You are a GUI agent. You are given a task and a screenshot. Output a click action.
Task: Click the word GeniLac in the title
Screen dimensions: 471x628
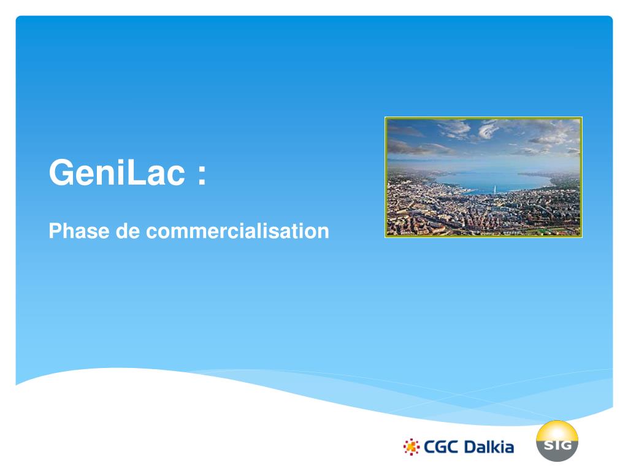[x=117, y=174]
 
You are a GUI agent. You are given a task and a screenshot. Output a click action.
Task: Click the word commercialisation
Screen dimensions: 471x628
[x=237, y=231]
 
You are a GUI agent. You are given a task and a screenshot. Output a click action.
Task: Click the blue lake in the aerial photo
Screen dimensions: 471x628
[x=484, y=179]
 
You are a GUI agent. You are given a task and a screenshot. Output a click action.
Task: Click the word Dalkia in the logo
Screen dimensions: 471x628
[x=489, y=447]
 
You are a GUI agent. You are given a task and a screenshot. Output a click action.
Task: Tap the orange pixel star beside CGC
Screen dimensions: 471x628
[x=412, y=447]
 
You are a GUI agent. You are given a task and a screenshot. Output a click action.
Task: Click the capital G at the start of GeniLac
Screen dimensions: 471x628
[x=59, y=174]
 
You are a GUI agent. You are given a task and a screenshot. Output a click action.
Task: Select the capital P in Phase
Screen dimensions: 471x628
[x=54, y=231]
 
